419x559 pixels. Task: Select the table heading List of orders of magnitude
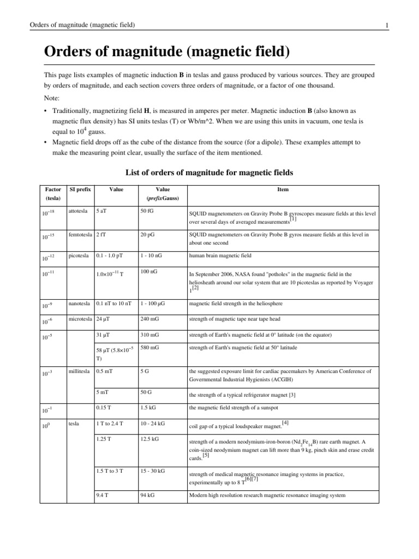tap(209, 173)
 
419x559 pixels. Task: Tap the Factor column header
tap(52, 189)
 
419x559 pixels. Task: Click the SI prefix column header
tap(79, 189)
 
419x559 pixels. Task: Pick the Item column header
tap(283, 189)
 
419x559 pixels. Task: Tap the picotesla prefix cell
tap(78, 255)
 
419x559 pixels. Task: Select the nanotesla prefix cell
tap(80, 303)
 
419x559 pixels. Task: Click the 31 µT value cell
tap(104, 335)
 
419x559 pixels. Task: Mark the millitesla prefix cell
tap(80, 371)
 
